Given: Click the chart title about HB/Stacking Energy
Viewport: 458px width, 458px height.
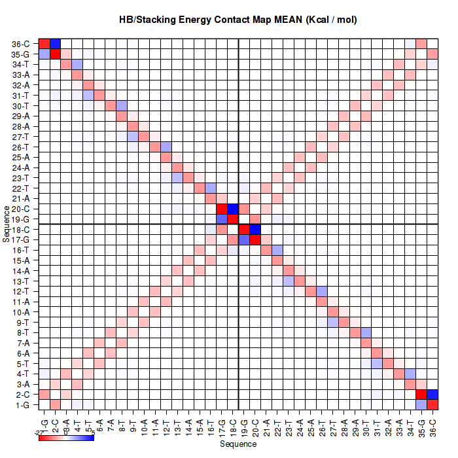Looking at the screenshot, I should pos(238,20).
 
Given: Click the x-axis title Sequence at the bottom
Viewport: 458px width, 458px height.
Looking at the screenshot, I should pos(238,444).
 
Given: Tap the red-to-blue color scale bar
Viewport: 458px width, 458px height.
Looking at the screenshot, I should pos(66,437).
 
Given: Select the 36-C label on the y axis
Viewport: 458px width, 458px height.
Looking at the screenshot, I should pos(20,44).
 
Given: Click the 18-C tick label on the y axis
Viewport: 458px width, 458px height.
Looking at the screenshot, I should pos(20,230).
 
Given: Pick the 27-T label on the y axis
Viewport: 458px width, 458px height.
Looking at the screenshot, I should pos(20,137).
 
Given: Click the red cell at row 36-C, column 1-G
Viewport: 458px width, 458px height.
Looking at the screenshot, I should pos(44,44).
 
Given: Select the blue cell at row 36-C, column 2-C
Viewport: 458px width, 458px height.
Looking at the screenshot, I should pos(55,44).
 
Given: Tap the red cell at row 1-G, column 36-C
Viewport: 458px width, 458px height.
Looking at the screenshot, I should pos(432,404).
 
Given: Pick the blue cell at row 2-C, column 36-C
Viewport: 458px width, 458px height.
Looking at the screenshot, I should pos(432,394).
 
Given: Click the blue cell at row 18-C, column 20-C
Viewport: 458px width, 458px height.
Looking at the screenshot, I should pos(255,230).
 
